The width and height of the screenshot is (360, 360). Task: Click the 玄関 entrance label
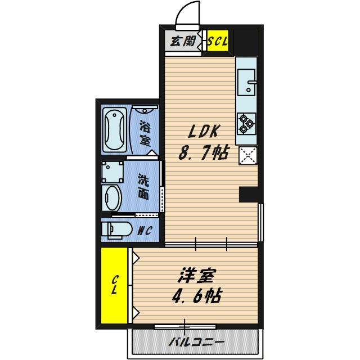point(183,41)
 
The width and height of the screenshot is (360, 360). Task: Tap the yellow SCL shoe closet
point(218,41)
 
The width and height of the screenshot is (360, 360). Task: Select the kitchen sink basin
point(246,82)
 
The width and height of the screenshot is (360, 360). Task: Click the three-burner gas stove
point(246,124)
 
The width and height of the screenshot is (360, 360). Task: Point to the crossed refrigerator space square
point(247,156)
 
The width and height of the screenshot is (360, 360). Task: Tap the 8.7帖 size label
point(204,152)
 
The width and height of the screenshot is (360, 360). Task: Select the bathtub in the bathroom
point(115,130)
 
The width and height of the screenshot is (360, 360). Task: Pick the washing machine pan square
point(112,172)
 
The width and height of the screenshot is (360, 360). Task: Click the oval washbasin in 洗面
point(111,197)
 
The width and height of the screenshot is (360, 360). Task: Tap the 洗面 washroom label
point(144,187)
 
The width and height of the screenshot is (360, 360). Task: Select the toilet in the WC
point(117,229)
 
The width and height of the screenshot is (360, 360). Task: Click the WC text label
point(145,231)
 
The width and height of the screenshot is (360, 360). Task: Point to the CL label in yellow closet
point(115,285)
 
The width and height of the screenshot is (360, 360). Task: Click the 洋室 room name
point(197,275)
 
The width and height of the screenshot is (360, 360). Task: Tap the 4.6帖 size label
point(197,296)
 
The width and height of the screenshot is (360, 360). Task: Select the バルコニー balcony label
point(196,342)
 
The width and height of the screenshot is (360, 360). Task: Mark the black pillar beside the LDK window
point(249,194)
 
